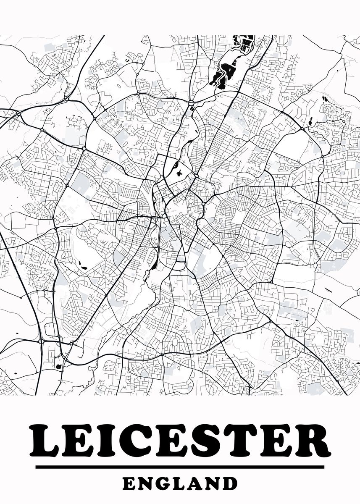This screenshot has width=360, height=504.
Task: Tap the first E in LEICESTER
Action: [x=79, y=440]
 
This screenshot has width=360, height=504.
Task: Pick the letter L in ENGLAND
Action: [x=180, y=483]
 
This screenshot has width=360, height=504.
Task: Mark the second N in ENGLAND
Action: [x=213, y=483]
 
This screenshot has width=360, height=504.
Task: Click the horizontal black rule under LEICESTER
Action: [x=180, y=467]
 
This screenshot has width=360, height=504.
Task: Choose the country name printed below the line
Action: [x=180, y=483]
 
